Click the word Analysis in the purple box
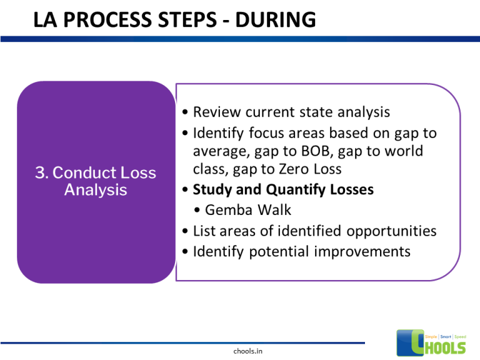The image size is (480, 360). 96,189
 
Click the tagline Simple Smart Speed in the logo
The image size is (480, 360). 445,336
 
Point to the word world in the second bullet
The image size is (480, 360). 402,151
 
